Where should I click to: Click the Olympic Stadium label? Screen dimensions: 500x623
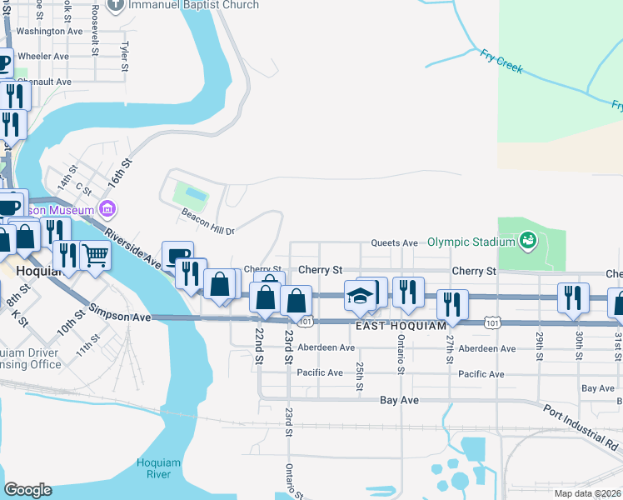pyautogui.click(x=471, y=242)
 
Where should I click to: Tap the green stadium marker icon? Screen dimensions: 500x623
pyautogui.click(x=526, y=242)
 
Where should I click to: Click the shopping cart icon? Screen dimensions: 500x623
pyautogui.click(x=95, y=254)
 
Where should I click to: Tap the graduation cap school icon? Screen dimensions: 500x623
pyautogui.click(x=360, y=297)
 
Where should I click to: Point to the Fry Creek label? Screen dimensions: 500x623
pyautogui.click(x=501, y=62)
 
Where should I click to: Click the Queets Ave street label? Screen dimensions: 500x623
pyautogui.click(x=394, y=242)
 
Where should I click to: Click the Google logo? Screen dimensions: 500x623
pyautogui.click(x=27, y=489)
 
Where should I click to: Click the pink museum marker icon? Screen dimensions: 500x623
pyautogui.click(x=107, y=207)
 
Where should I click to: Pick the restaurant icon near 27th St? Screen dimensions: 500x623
pyautogui.click(x=452, y=304)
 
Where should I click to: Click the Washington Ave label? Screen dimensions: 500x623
pyautogui.click(x=50, y=31)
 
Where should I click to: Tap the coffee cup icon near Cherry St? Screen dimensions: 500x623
pyautogui.click(x=177, y=256)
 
